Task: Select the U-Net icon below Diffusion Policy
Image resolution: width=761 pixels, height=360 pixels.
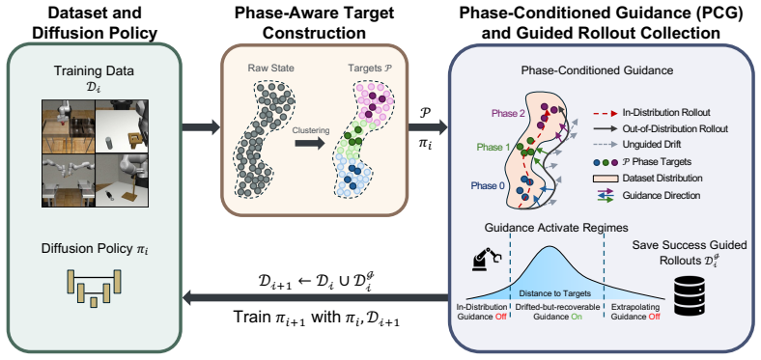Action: point(94,288)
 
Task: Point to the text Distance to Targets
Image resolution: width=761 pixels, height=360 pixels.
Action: point(554,293)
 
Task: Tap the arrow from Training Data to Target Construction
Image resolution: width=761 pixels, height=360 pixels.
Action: point(201,128)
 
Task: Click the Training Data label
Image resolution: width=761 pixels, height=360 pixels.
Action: point(94,70)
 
